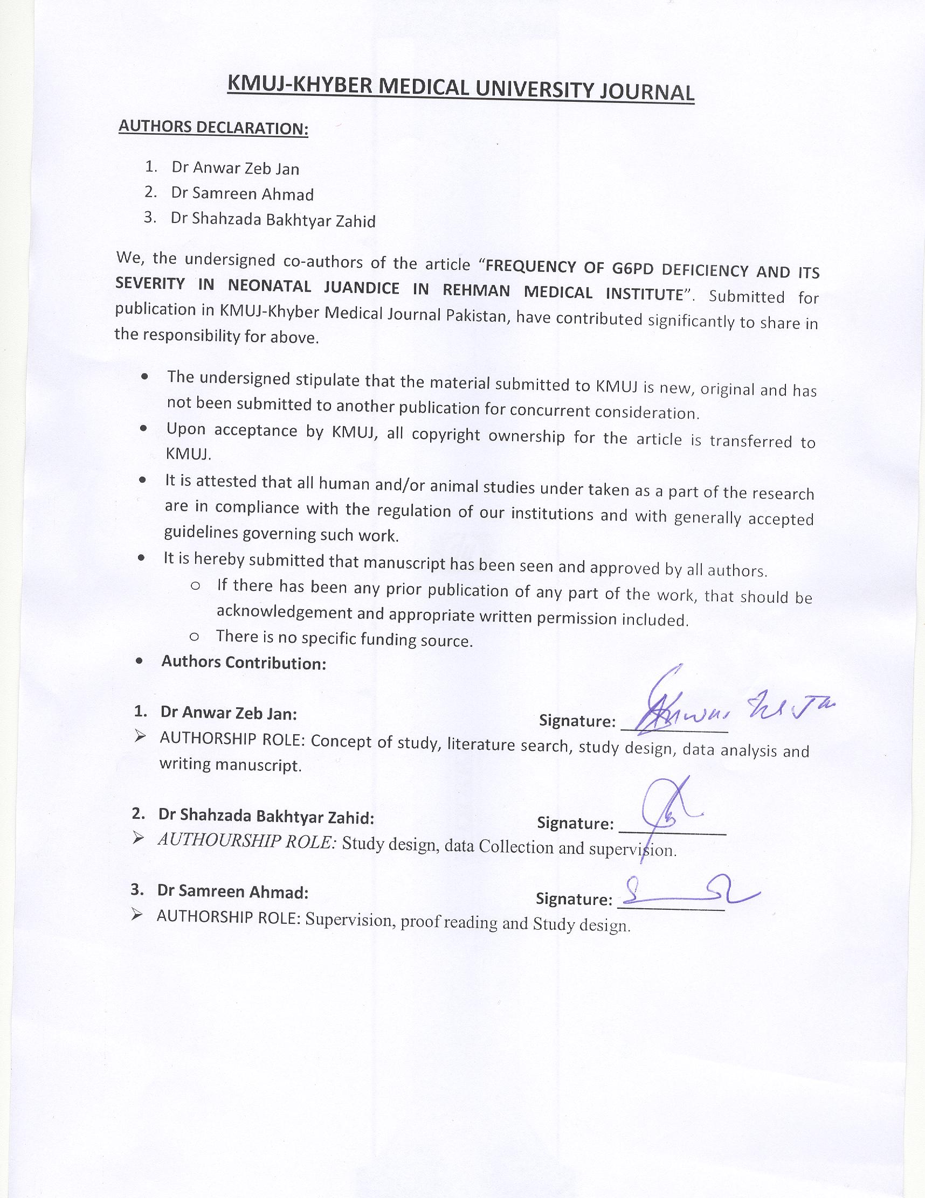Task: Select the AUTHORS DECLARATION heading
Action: tap(213, 127)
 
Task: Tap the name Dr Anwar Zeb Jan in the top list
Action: tap(235, 168)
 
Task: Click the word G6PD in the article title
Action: tap(631, 269)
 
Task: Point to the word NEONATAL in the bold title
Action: tap(270, 286)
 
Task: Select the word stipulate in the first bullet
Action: tap(327, 380)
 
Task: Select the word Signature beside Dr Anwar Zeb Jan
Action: tap(577, 721)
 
